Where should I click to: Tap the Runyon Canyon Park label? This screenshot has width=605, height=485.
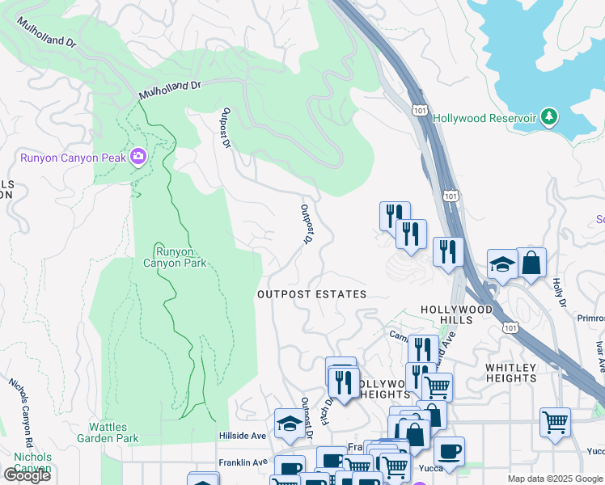(176, 256)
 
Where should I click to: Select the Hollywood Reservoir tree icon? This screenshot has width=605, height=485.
(549, 117)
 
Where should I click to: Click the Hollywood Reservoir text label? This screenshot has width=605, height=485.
(484, 118)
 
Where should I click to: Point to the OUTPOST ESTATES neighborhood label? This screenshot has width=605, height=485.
(311, 295)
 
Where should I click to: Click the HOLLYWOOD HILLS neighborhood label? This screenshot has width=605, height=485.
(457, 315)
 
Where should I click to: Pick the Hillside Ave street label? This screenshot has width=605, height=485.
(243, 436)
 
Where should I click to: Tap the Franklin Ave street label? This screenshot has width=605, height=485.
(243, 462)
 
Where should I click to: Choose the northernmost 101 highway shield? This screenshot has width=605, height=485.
(419, 110)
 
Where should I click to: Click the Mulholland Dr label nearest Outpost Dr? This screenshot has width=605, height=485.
(169, 90)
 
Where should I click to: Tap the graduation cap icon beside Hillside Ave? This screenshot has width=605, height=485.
(289, 422)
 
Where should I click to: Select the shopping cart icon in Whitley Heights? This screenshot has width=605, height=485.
(554, 421)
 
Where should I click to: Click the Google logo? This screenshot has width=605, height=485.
(26, 475)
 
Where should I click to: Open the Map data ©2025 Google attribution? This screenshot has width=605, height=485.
(555, 479)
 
